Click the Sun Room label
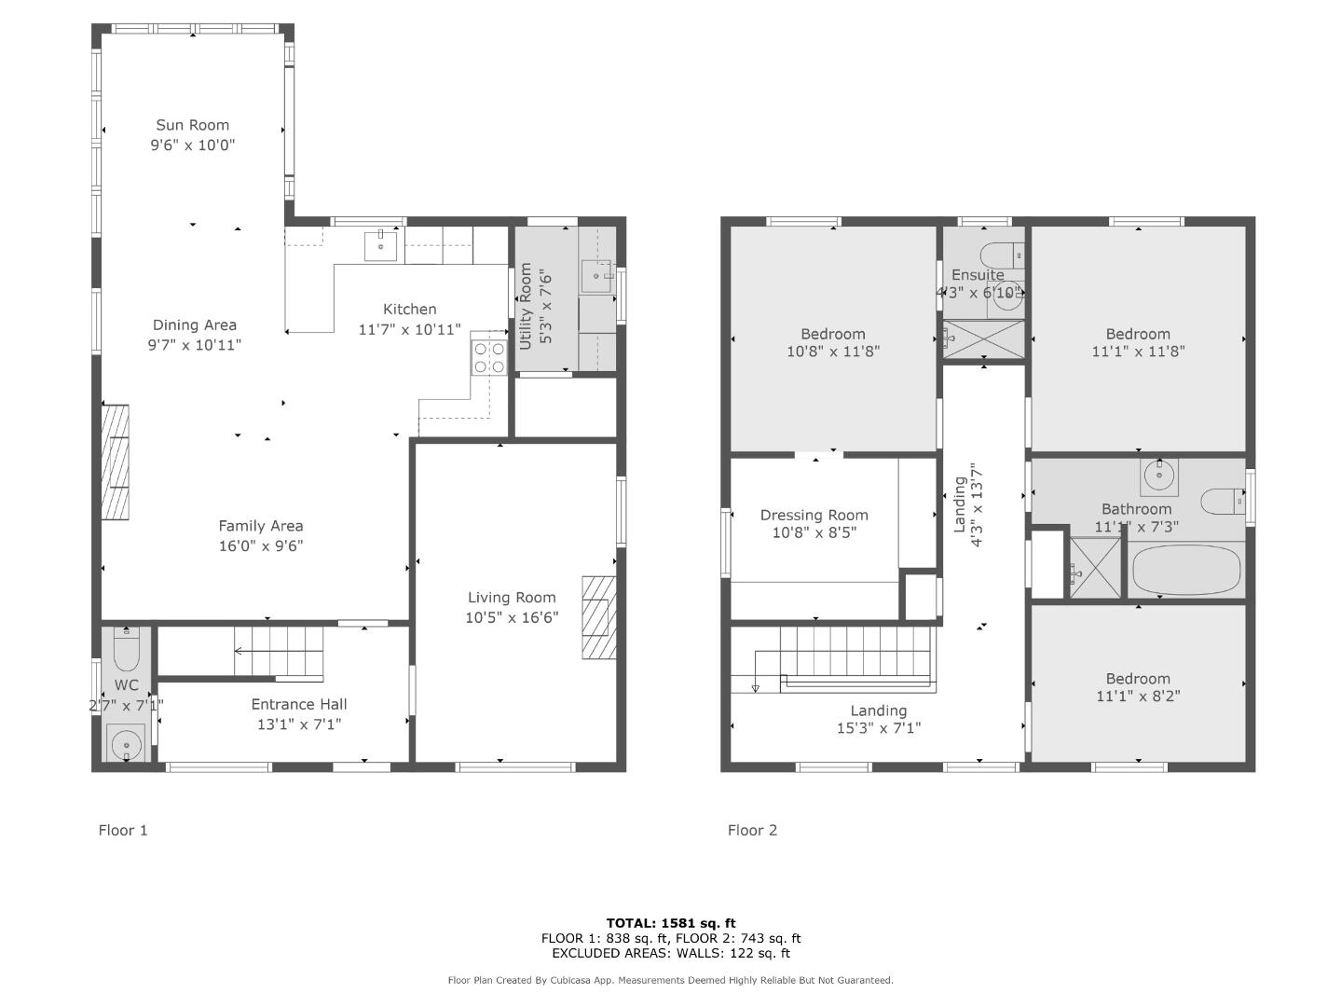[x=193, y=125]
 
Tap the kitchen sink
[x=380, y=245]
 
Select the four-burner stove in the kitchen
[x=489, y=357]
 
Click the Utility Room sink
[x=597, y=276]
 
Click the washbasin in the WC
[x=127, y=744]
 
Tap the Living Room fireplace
[x=598, y=617]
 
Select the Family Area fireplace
[x=115, y=462]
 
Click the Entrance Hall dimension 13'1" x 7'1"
[x=299, y=724]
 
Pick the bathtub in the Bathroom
[x=1186, y=570]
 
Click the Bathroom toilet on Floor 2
[x=1223, y=502]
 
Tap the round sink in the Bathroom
[x=1159, y=476]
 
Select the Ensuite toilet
[x=1001, y=255]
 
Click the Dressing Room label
[x=814, y=515]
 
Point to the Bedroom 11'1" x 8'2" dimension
[x=1138, y=696]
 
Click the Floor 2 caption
[x=752, y=830]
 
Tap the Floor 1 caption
[x=123, y=830]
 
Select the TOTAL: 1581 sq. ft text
[x=670, y=923]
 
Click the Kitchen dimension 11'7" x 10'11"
[x=409, y=329]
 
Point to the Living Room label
[x=512, y=598]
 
